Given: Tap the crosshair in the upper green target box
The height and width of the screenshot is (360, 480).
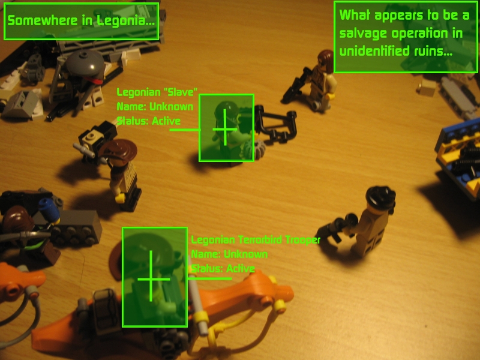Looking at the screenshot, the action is [x=225, y=129].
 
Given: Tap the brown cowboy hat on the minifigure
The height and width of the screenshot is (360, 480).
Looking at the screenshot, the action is [x=119, y=150].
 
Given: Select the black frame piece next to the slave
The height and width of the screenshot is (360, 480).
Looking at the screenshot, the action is [x=277, y=125].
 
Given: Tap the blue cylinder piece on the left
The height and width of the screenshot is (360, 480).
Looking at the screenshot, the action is [x=49, y=210].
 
